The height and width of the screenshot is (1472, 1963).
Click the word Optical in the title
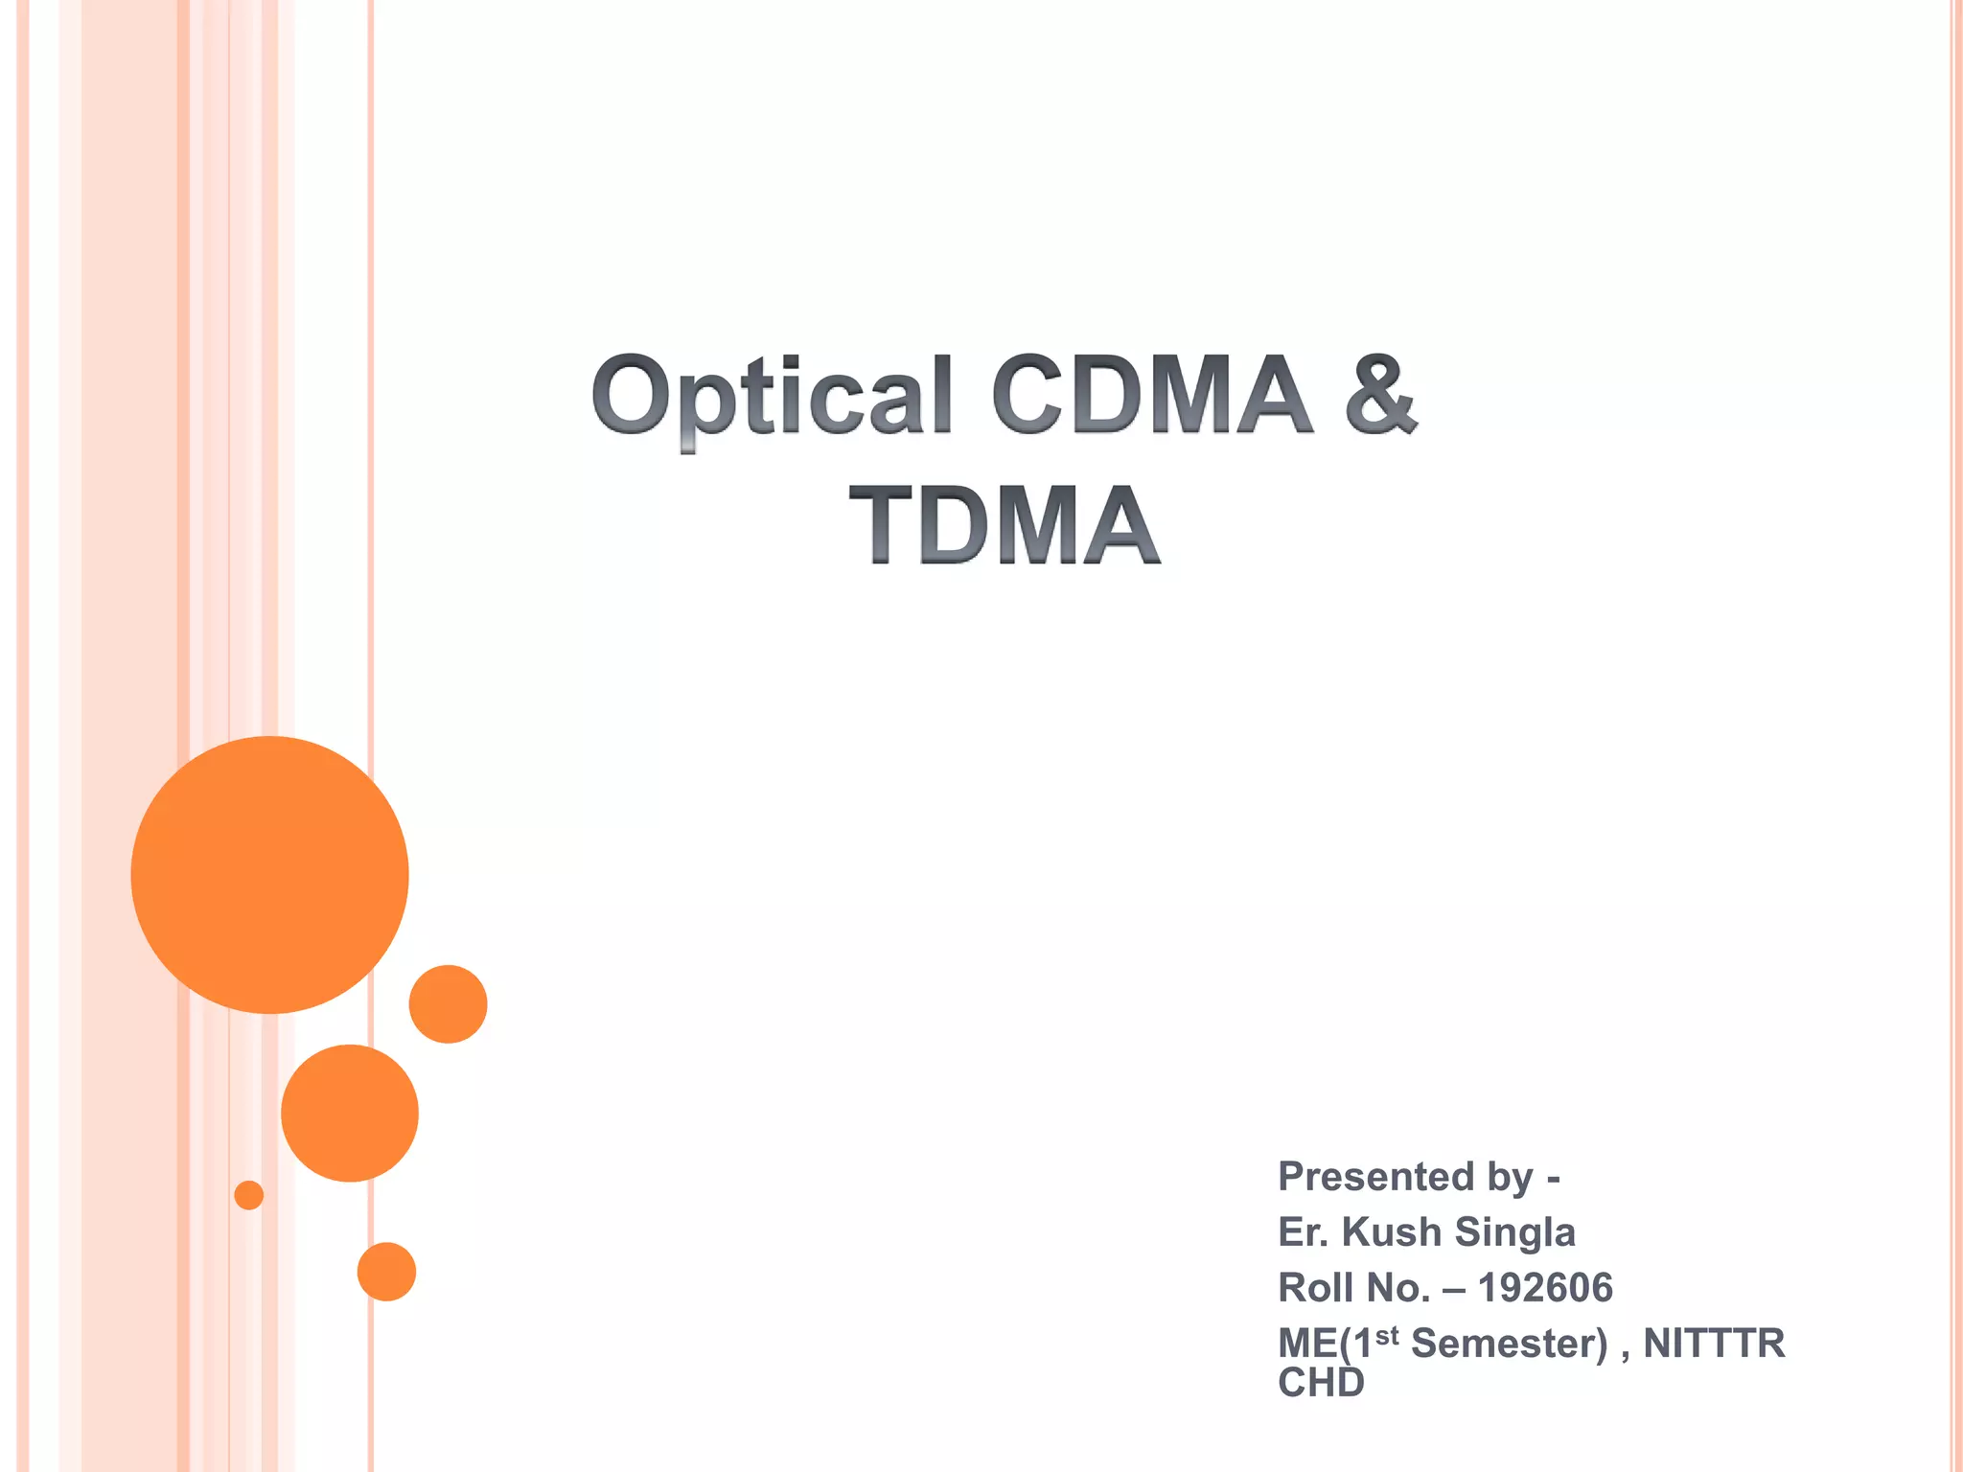(x=772, y=395)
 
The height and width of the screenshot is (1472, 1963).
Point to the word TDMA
(x=1005, y=524)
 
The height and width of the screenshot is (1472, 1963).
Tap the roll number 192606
(x=1545, y=1287)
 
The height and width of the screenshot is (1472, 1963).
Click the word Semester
(x=1509, y=1343)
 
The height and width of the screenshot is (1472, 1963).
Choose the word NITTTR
(x=1714, y=1343)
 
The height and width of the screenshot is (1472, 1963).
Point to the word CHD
(x=1321, y=1383)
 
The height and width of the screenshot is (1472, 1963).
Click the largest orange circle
(x=269, y=874)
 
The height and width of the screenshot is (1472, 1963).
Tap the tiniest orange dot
(x=249, y=1195)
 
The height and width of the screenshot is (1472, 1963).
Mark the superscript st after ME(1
(x=1387, y=1334)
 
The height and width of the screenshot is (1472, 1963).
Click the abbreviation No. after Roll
(x=1398, y=1287)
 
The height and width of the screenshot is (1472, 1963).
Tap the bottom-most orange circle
(x=386, y=1272)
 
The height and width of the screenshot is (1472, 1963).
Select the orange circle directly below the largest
(x=350, y=1113)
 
